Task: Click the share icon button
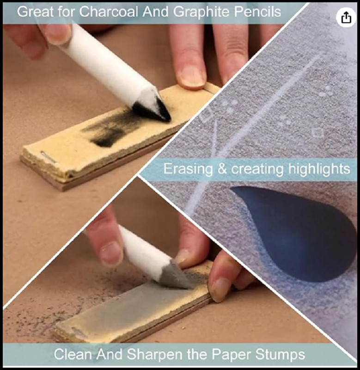pyautogui.click(x=346, y=17)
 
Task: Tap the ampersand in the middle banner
pyautogui.click(x=222, y=169)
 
